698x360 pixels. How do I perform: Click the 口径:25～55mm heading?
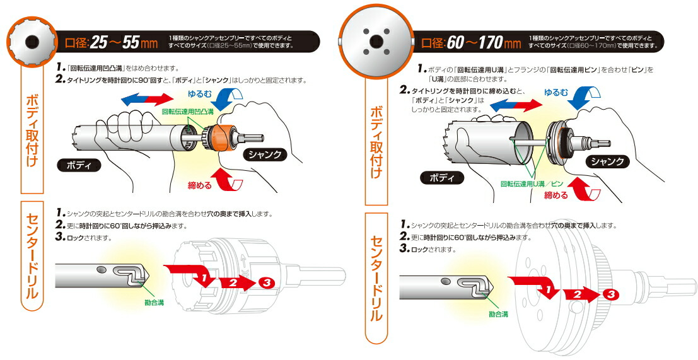(x=111, y=43)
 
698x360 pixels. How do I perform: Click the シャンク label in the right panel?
(x=608, y=161)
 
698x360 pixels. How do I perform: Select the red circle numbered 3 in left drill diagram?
(x=265, y=282)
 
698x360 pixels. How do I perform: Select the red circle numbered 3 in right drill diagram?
(x=609, y=294)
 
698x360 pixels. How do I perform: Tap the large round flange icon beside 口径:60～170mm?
(x=376, y=41)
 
